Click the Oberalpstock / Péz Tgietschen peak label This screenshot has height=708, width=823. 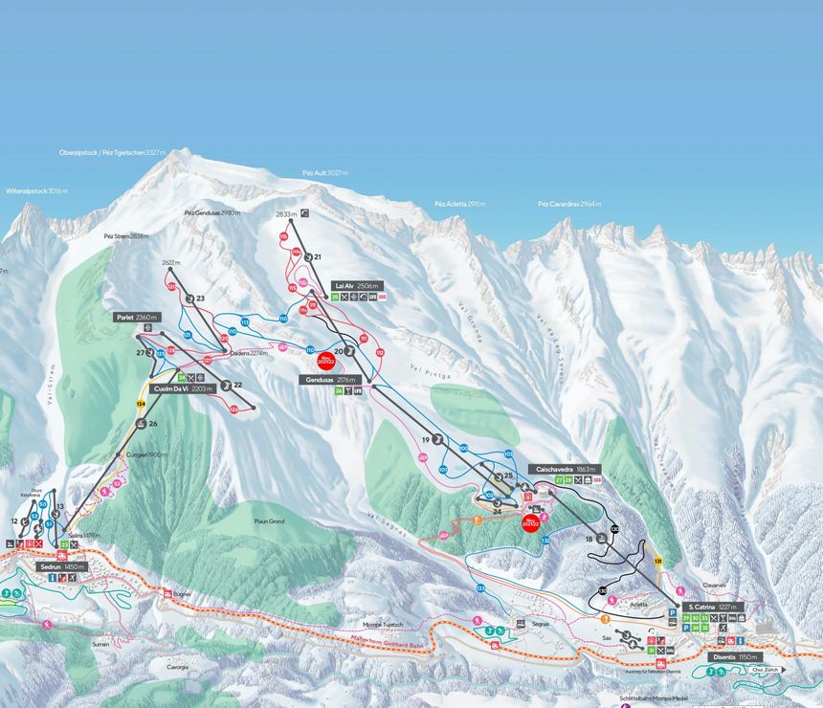coord(112,152)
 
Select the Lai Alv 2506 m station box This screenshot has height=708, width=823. coord(357,285)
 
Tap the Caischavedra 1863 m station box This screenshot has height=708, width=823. coord(566,470)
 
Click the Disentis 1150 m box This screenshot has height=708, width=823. coord(735,657)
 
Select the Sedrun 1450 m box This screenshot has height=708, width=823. coord(62,566)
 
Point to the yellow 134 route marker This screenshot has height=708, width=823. coord(141,405)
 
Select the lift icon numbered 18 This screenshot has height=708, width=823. coord(601,539)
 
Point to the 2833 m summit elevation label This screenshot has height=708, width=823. coord(286,214)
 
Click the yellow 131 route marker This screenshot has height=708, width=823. coord(658,562)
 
